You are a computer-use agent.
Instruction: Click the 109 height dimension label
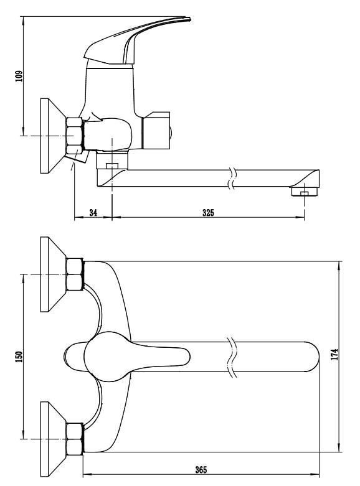19,77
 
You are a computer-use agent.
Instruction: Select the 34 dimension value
93,213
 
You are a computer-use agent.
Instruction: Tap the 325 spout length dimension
208,213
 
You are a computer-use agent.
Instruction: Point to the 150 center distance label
19,357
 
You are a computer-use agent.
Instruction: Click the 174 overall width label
334,354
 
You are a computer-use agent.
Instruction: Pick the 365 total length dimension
201,470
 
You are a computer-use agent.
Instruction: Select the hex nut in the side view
75,136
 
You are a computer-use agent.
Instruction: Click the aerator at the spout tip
305,192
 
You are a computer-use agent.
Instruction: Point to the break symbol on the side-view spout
232,178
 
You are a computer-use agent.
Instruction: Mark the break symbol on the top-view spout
232,357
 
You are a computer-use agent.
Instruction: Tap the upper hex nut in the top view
75,274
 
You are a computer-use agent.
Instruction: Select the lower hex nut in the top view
75,439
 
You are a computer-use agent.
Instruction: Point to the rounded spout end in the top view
312,357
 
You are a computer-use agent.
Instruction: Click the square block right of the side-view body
156,131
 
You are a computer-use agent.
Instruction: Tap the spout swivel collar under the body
112,161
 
